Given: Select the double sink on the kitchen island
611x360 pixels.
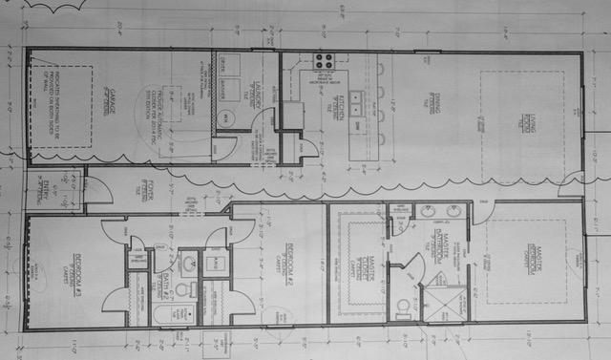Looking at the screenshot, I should [356, 97].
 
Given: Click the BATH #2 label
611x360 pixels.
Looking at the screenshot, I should [169, 278].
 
